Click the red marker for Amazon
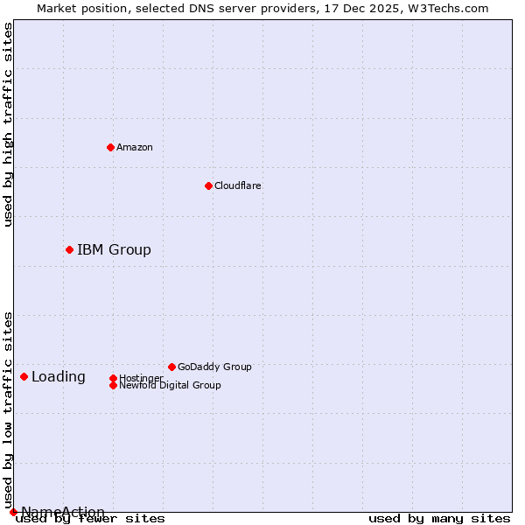point(110,147)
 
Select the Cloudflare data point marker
point(208,185)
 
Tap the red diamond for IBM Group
point(69,249)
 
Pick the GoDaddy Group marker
point(171,367)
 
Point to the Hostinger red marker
point(113,378)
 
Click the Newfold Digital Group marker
point(113,385)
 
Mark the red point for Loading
point(24,376)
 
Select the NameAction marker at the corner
point(13,512)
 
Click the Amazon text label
point(134,147)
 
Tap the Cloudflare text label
point(237,185)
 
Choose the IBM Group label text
point(114,249)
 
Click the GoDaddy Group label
point(214,367)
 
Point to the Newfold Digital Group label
point(170,386)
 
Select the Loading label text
point(59,377)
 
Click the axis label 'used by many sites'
point(439,519)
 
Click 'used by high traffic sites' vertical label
point(9,124)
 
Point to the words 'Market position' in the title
point(78,8)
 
